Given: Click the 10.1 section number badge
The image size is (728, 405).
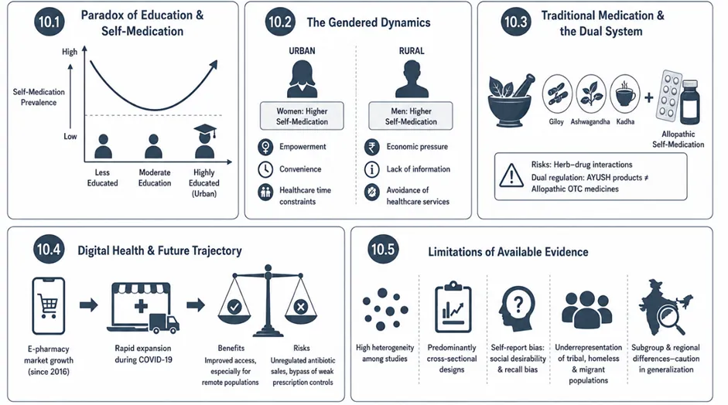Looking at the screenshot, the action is pos(50,22).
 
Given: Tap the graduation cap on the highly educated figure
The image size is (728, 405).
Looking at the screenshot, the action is pos(205,130).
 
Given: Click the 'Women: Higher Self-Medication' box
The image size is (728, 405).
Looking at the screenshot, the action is pos(302,116).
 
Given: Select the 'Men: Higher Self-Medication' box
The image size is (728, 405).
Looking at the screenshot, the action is pos(411,116).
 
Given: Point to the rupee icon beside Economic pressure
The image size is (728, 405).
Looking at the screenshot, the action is pos(371,147).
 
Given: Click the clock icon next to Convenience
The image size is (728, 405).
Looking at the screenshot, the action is pos(265,169).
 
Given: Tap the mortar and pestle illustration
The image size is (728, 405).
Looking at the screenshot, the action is pos(511,100).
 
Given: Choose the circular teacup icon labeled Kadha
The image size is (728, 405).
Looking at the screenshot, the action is pos(625,94).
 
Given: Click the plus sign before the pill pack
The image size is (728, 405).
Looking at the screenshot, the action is pos(648,97).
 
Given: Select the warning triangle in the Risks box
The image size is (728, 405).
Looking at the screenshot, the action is pos(511,175).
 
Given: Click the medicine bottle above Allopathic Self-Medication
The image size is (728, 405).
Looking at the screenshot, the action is pos(690,102).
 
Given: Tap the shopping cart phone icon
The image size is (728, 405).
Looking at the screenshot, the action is pos(48,306).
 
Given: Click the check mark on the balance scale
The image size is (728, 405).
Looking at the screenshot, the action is pos(234,306).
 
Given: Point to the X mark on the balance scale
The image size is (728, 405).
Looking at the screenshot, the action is pos(301,306).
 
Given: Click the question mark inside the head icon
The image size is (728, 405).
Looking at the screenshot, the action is pos(518,305).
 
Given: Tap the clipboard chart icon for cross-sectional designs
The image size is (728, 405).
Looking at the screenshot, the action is pos(453,307).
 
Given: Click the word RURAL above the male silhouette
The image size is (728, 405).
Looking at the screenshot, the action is pos(412,51).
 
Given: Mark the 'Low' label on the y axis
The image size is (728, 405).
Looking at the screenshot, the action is pos(70,136).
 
